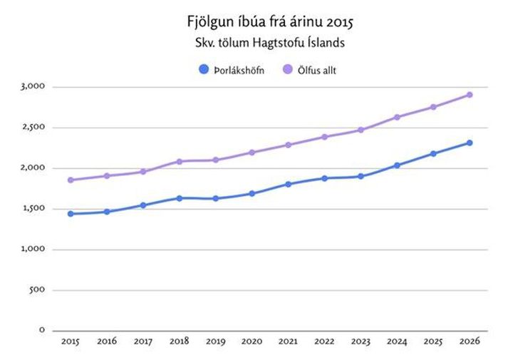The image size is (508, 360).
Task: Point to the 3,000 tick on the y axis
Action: pos(33,87)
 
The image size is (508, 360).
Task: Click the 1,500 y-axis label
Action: pos(33,209)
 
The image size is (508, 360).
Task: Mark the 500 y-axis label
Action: pos(38,290)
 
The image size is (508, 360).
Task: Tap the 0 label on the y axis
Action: pos(42,330)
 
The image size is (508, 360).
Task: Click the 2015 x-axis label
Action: pos(71,342)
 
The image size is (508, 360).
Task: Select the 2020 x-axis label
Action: pos(252,342)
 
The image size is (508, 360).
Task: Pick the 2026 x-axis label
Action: pos(470,342)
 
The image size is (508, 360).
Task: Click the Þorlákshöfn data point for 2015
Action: pos(71,214)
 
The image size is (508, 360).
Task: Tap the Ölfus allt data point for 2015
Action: pos(71,180)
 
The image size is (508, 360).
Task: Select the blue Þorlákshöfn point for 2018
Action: pos(180,198)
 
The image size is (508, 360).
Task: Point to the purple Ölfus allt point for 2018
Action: pos(180,161)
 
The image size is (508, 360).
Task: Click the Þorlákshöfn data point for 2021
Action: pos(289,184)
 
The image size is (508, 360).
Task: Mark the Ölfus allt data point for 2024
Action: pos(397,117)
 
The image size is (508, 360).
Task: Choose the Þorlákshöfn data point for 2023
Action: pos(361,176)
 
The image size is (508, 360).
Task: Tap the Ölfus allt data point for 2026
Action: pos(470,95)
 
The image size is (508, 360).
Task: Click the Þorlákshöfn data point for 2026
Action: pos(470,143)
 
